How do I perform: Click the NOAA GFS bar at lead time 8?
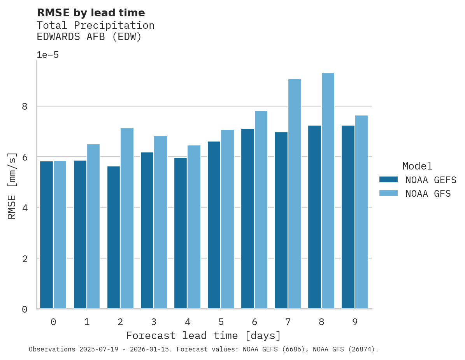click(328, 191)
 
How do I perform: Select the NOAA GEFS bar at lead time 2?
click(114, 238)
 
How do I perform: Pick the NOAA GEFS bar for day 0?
click(47, 235)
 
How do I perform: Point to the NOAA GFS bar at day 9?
click(361, 212)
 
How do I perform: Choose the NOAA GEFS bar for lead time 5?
click(214, 225)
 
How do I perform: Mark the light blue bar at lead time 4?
click(194, 227)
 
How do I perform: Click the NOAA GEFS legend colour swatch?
click(388, 180)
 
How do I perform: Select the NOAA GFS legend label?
click(428, 194)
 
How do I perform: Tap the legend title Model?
click(417, 166)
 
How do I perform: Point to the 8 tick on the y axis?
click(25, 106)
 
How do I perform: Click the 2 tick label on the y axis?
click(25, 258)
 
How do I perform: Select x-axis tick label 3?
click(154, 322)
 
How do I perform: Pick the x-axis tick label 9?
click(354, 322)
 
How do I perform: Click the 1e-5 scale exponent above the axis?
click(47, 55)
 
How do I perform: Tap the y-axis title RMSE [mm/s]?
click(12, 185)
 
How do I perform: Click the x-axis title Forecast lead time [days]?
click(203, 336)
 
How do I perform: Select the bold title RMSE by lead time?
click(91, 13)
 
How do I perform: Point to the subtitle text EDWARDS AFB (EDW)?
click(89, 37)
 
